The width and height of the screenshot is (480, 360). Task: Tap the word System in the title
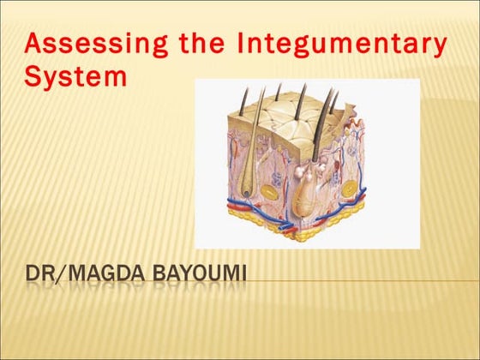76,77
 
